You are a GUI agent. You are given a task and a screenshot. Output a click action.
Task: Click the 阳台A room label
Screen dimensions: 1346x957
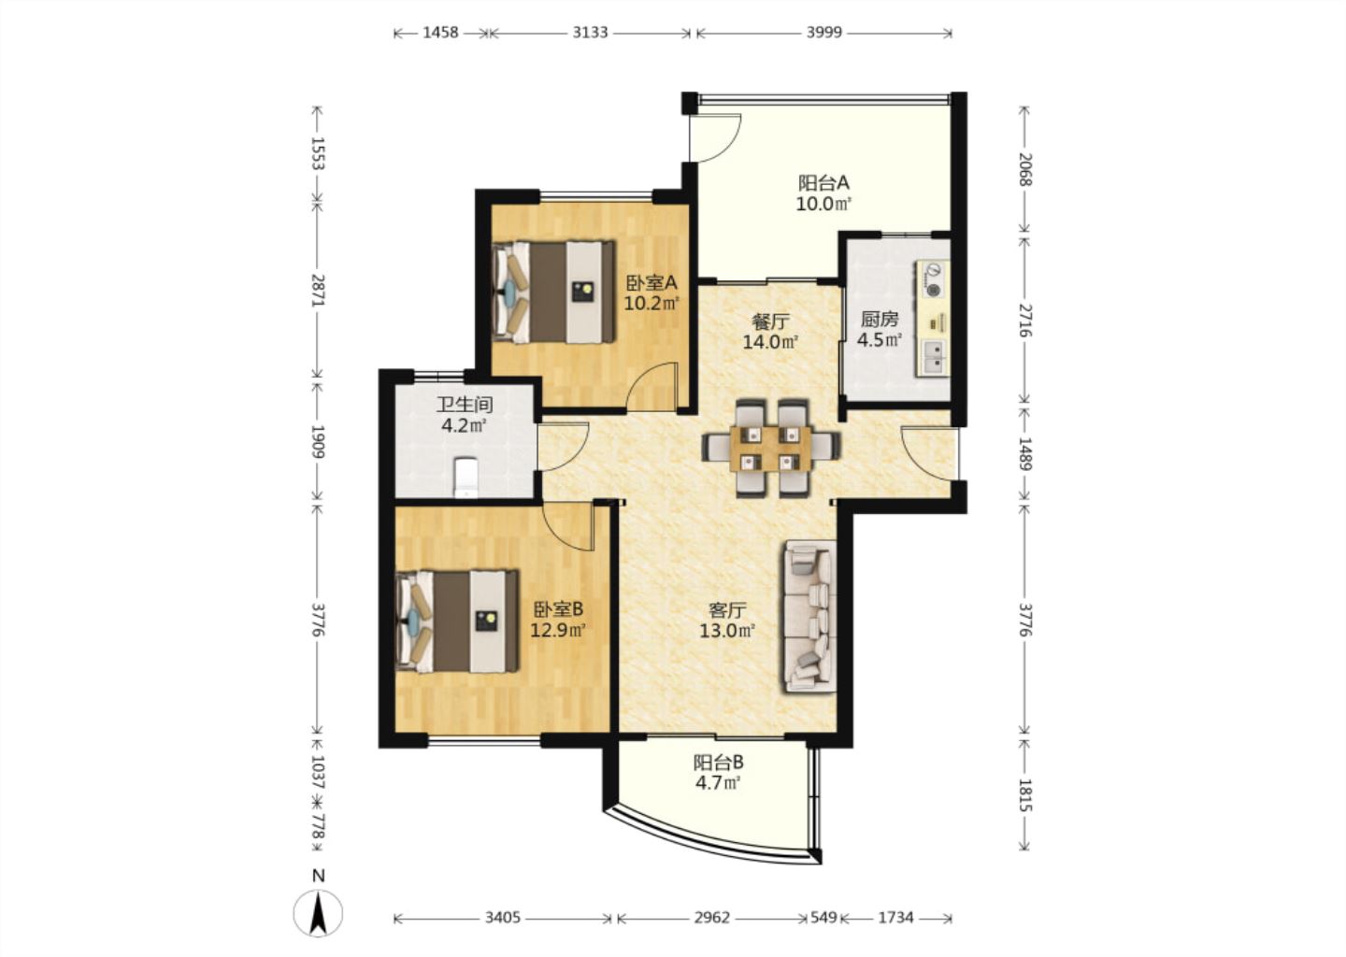pos(823,182)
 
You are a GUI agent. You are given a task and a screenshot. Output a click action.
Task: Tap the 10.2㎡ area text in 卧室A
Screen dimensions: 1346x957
pos(652,303)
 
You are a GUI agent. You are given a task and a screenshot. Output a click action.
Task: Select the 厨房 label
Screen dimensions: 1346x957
pos(879,319)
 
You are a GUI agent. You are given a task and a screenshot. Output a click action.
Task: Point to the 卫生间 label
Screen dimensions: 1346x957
pos(465,405)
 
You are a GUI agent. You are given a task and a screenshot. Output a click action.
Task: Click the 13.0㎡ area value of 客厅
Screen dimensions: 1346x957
pos(727,630)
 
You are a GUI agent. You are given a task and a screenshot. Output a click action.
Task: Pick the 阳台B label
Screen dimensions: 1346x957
pos(719,763)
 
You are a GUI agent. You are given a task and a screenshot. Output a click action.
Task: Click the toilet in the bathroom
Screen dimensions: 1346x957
pos(465,477)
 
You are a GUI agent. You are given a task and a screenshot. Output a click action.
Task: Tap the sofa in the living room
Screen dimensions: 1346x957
pos(809,616)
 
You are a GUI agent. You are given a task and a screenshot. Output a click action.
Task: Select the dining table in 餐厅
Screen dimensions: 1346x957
pos(771,449)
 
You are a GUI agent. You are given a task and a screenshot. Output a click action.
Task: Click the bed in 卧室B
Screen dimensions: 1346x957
pos(457,621)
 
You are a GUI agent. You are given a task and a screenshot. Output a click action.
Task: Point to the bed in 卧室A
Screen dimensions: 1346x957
pos(553,292)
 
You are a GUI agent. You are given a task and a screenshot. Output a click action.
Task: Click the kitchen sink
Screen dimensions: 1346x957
pos(933,358)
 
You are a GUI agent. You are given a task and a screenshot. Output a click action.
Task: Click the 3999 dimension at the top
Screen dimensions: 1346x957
pos(823,33)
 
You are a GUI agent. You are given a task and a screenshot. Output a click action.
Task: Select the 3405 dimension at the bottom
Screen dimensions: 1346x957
pos(503,918)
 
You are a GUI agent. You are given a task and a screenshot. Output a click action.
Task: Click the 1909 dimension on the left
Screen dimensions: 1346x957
pos(317,442)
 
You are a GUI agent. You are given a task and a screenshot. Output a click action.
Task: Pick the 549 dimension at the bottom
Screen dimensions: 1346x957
pos(823,918)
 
